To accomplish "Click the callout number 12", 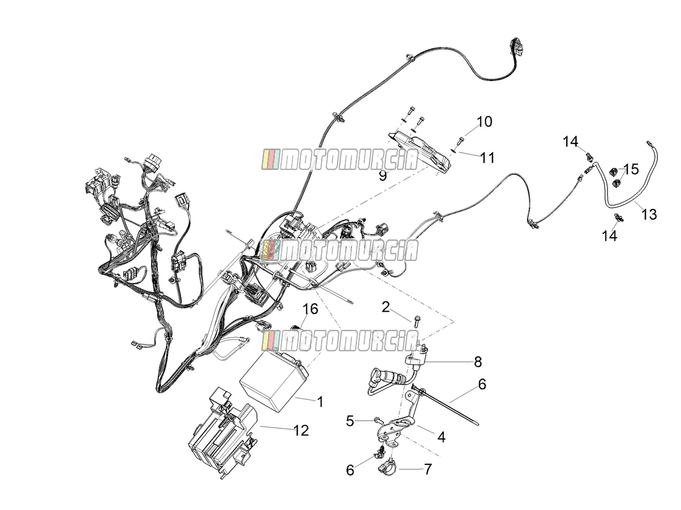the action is tap(301, 431).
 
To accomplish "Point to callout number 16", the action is tap(311, 309).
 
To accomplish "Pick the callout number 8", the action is tap(477, 361).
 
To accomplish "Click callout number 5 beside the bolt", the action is tap(350, 421).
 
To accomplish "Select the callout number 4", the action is tap(441, 437).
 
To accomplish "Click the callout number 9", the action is tap(383, 176).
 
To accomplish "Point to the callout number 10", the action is tap(484, 121).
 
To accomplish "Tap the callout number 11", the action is tap(487, 158).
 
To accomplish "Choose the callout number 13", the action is tap(649, 214).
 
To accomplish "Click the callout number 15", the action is tap(631, 169).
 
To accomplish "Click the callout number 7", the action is tap(428, 469).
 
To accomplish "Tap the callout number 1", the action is tap(320, 402).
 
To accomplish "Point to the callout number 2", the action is tap(385, 307).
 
